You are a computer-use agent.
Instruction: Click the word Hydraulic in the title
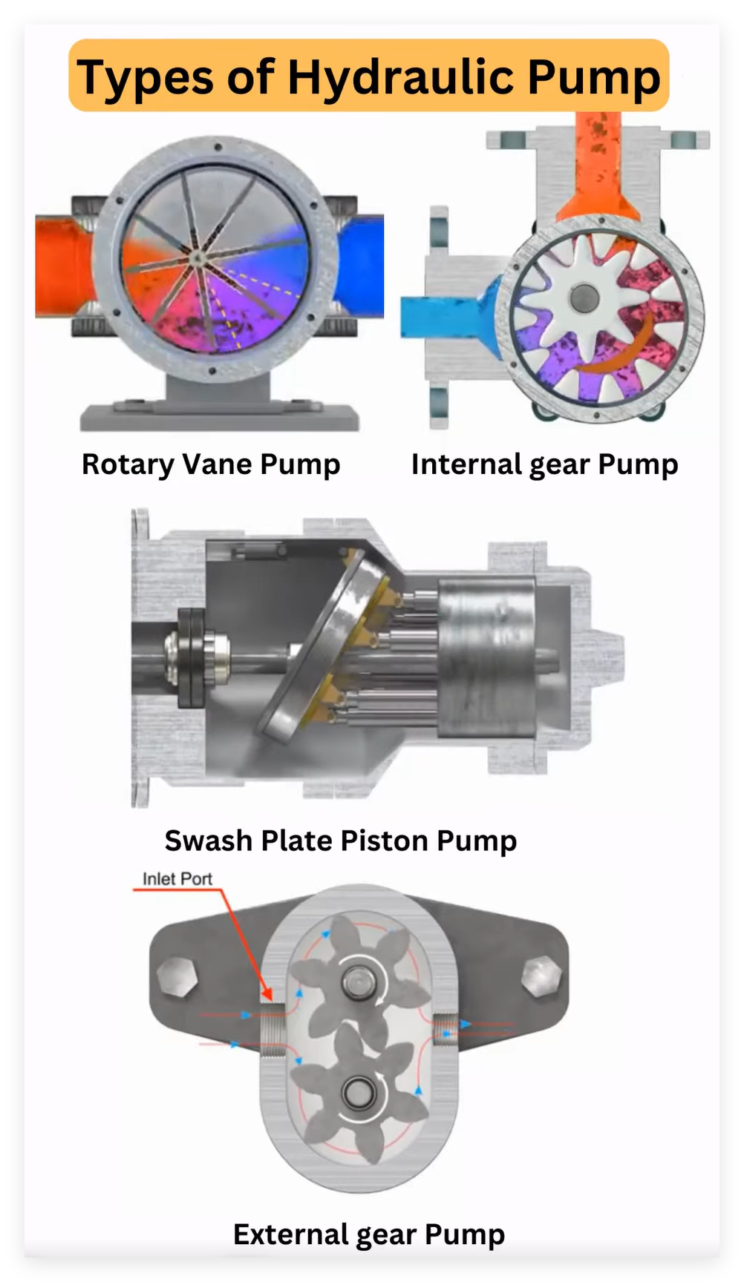coord(401,77)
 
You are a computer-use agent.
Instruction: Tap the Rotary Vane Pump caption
coord(211,464)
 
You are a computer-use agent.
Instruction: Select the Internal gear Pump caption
coord(544,465)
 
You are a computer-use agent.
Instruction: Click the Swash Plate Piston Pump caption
coord(341,841)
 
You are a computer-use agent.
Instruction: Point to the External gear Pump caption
coord(369,1235)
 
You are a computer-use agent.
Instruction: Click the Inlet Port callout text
coord(177,878)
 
